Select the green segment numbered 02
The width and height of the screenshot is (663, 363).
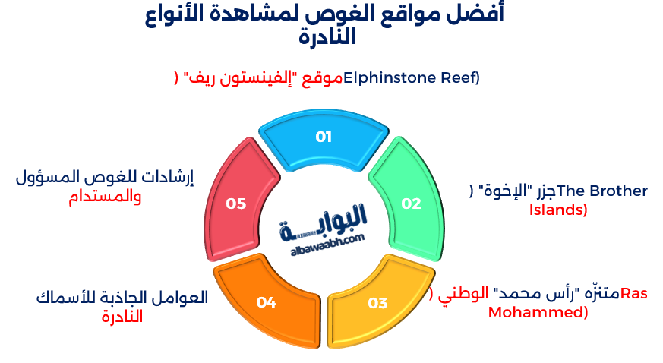coord(410,204)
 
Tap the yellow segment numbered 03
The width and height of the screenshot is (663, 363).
coord(377,303)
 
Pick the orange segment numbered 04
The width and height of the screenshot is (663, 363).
coord(266,302)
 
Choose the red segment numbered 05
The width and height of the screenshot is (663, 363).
coord(236,204)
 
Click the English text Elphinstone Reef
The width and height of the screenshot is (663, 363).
coord(411,77)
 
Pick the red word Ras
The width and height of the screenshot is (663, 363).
coord(634,294)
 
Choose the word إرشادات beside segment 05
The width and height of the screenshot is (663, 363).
coord(166,178)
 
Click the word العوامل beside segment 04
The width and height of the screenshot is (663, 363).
coord(182,298)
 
